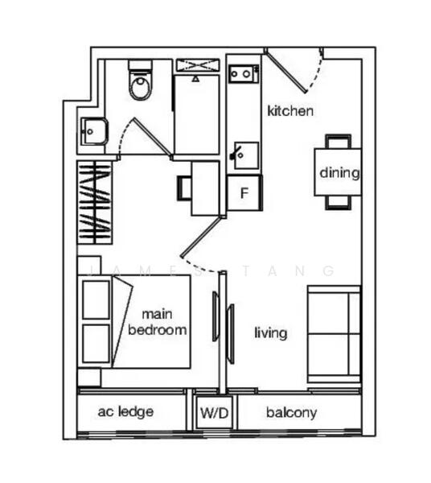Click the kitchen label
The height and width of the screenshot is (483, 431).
289,111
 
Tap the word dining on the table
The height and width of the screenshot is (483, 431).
339,172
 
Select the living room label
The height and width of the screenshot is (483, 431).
270,332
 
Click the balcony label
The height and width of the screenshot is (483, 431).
292,413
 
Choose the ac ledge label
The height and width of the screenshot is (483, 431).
126,412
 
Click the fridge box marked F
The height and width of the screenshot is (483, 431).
244,193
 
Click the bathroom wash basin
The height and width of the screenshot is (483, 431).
92,130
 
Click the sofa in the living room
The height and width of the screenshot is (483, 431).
333,334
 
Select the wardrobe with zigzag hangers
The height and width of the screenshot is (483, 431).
96,202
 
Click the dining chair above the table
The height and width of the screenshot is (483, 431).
338,142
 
